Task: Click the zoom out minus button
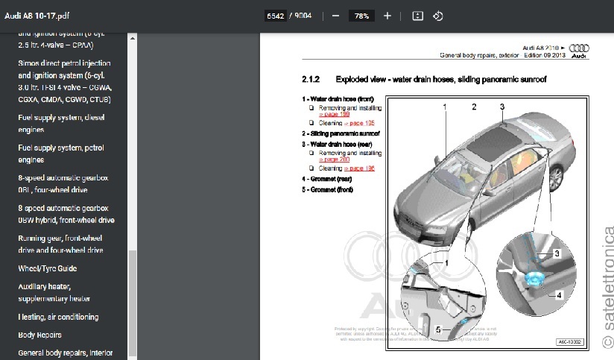click(336, 16)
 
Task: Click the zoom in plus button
click(387, 16)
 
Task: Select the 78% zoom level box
click(361, 16)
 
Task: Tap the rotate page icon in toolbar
click(438, 16)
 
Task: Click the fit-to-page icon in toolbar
click(418, 16)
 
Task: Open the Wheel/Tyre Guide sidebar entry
click(47, 268)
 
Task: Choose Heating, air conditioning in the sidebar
click(58, 317)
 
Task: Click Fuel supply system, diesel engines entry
click(61, 122)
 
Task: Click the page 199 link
click(335, 114)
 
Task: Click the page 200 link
click(335, 160)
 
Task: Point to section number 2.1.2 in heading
click(311, 79)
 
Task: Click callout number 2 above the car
click(474, 107)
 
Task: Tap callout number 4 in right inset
click(558, 295)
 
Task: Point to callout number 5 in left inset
click(438, 329)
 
